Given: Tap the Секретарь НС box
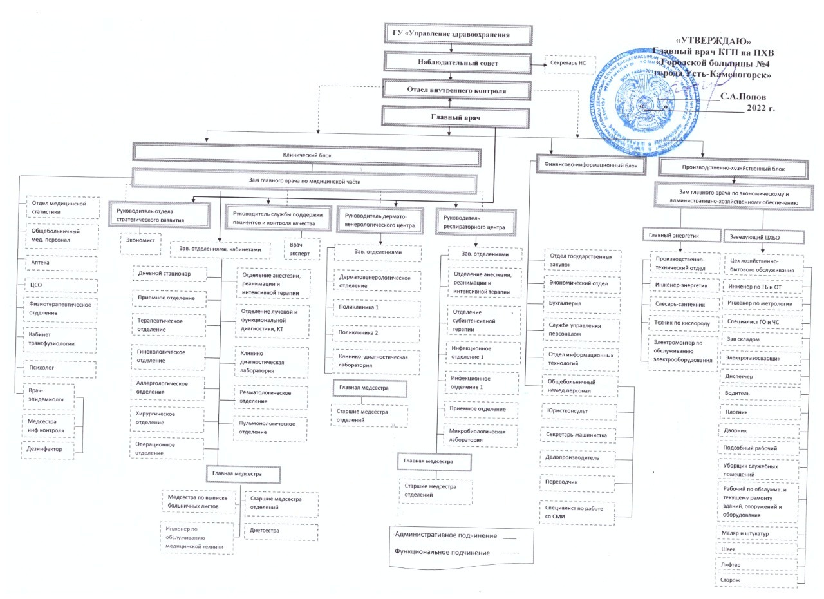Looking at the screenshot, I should (x=570, y=64).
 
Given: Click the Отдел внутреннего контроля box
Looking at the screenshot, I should (x=457, y=91).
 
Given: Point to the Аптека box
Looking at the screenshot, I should (x=61, y=263).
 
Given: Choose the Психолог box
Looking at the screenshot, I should (x=61, y=370).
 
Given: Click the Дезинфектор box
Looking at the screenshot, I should (x=48, y=450).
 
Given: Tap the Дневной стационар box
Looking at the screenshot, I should (x=169, y=274).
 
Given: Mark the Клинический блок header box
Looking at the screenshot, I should (x=308, y=155).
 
